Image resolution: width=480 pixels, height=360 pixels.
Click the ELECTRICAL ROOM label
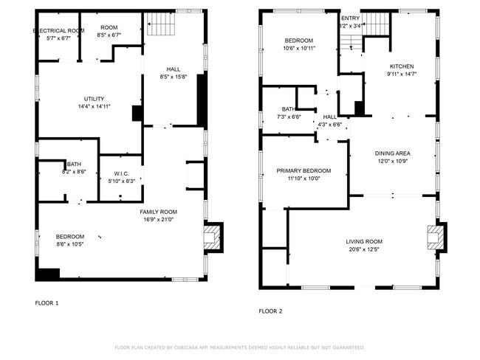pyautogui.click(x=58, y=31)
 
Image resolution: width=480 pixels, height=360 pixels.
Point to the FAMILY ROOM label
pyautogui.click(x=159, y=212)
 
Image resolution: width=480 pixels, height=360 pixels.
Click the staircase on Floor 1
pyautogui.click(x=160, y=26)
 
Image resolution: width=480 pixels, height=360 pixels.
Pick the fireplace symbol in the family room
pyautogui.click(x=212, y=238)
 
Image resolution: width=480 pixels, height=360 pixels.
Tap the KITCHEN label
pyautogui.click(x=402, y=66)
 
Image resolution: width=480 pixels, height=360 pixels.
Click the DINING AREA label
pyautogui.click(x=394, y=153)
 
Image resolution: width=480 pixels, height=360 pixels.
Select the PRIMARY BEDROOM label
pyautogui.click(x=304, y=170)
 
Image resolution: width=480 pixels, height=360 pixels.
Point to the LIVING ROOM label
pyautogui.click(x=364, y=241)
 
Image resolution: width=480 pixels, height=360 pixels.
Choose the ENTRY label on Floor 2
pyautogui.click(x=350, y=18)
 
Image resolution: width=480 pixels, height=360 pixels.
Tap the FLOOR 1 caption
pyautogui.click(x=47, y=303)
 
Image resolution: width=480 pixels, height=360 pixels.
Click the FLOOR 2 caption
pyautogui.click(x=270, y=311)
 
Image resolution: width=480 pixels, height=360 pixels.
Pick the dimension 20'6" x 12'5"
pyautogui.click(x=364, y=249)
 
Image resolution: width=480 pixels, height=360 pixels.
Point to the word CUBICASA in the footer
pyautogui.click(x=191, y=347)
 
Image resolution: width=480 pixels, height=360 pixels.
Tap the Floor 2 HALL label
pyautogui.click(x=330, y=117)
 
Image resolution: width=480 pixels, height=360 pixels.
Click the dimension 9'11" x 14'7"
pyautogui.click(x=402, y=74)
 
